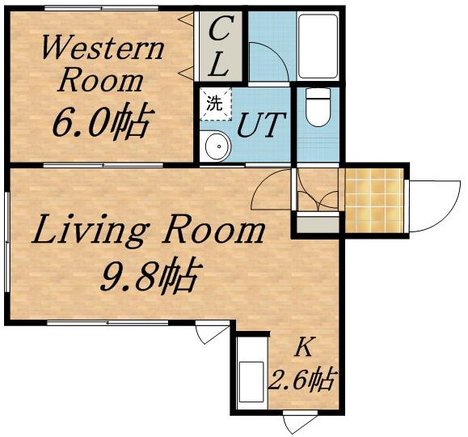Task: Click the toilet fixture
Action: pos(318,107)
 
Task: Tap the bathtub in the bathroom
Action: pos(318,46)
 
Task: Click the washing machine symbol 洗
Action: pos(216,104)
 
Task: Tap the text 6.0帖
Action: pos(103,122)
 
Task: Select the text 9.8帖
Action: pos(150,275)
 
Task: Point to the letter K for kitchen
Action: pos(304,348)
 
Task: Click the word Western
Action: pos(103,48)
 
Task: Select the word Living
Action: pos(90,231)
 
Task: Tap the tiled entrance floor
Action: pos(374,200)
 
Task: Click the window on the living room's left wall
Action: pos(7,241)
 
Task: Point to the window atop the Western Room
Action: pos(101,8)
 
